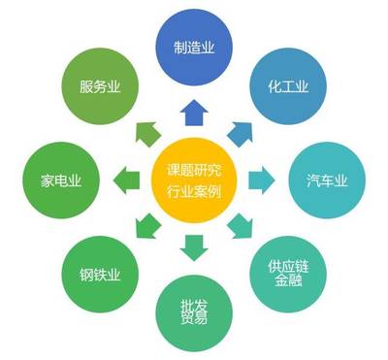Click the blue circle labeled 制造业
[x=193, y=45]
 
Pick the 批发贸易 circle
[x=193, y=312]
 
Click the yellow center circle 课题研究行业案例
[x=193, y=180]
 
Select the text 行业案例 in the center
[x=193, y=191]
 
